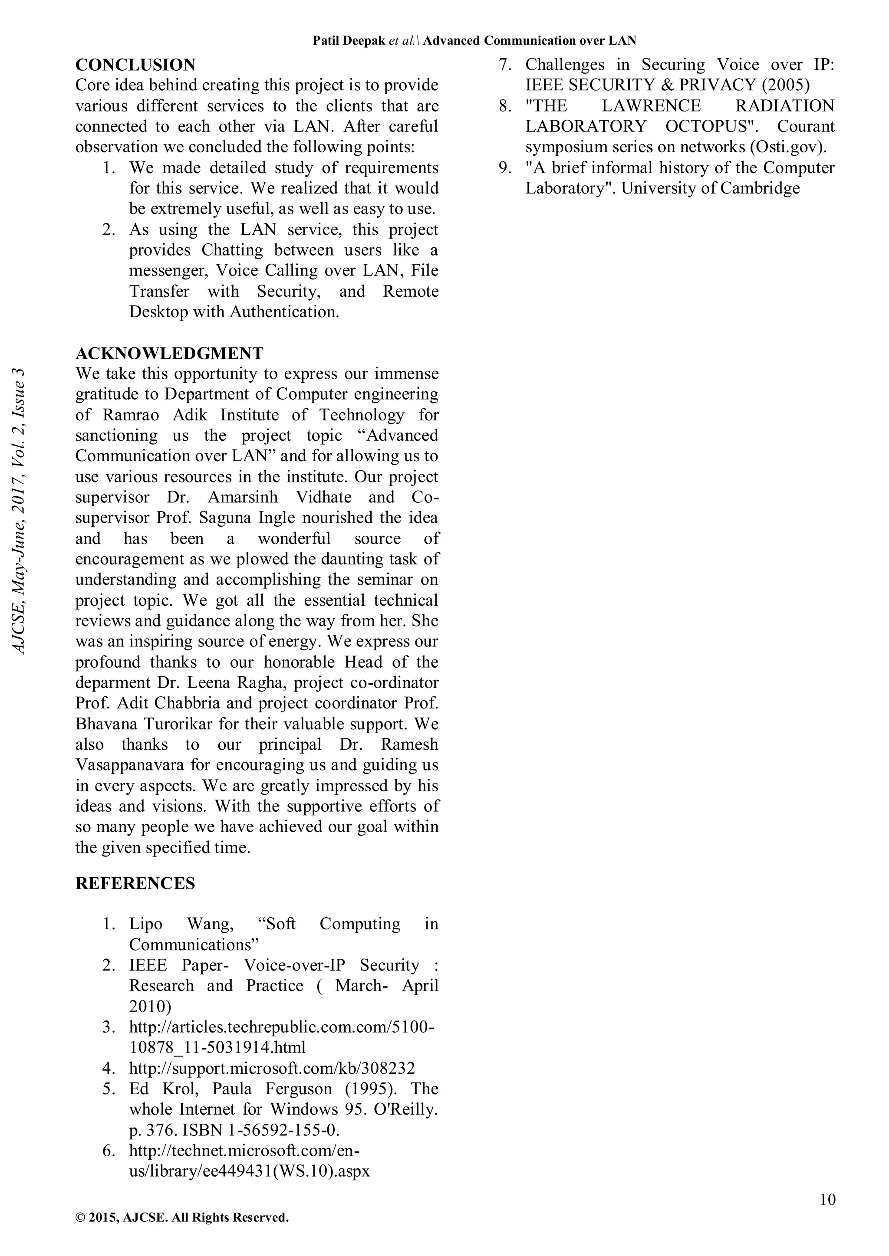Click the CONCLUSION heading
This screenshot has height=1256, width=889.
click(x=135, y=65)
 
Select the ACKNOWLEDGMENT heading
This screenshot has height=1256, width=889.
click(x=169, y=354)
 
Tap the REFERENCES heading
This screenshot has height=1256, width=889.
click(x=135, y=883)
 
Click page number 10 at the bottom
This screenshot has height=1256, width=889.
click(x=827, y=1200)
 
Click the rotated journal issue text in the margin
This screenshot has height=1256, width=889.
click(x=19, y=511)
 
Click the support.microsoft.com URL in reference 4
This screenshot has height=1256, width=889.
click(x=272, y=1068)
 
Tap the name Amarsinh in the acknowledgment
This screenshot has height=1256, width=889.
click(x=243, y=497)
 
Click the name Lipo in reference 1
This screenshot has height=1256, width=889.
click(x=145, y=924)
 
